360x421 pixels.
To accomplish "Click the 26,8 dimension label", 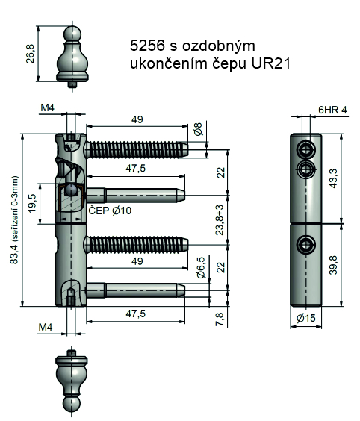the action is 31,54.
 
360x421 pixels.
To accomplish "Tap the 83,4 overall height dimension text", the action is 14,220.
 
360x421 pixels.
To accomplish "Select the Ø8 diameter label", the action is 198,129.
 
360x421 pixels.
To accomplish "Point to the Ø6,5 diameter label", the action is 201,267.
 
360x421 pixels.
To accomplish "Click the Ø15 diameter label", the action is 306,318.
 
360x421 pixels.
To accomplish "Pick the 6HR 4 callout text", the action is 332,110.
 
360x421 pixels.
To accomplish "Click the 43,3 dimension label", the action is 333,178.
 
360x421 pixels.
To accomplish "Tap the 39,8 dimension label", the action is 333,265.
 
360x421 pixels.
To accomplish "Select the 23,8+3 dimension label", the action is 220,220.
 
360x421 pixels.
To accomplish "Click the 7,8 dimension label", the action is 220,319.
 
